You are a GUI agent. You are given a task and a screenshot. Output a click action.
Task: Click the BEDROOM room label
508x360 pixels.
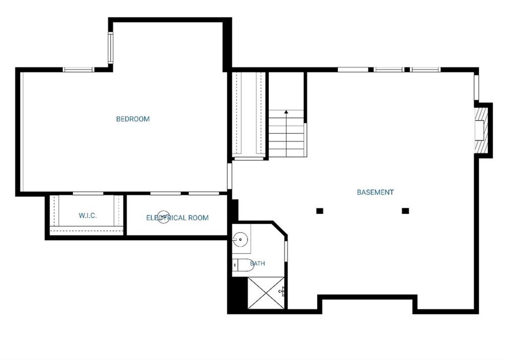(133, 119)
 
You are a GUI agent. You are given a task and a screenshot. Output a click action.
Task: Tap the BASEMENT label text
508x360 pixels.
(375, 192)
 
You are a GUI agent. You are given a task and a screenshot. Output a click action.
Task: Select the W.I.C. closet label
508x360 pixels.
(87, 216)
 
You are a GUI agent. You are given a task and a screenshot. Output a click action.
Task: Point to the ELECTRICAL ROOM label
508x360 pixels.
(177, 218)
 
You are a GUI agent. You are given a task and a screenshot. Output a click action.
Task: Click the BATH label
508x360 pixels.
(257, 263)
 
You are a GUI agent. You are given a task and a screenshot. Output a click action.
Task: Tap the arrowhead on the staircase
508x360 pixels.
(286, 112)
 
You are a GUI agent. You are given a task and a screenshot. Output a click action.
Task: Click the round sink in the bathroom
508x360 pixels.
(240, 239)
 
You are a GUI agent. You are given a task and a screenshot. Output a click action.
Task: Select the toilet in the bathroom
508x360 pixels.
(243, 265)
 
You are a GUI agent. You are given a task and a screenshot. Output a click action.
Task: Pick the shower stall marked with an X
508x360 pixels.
(266, 293)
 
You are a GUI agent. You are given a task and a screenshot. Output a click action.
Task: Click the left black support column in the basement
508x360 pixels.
(320, 211)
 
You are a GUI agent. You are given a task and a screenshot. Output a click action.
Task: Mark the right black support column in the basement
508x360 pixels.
(405, 211)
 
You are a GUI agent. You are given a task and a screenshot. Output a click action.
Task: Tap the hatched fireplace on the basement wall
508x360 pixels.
(481, 129)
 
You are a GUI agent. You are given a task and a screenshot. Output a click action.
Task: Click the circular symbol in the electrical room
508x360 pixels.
(164, 217)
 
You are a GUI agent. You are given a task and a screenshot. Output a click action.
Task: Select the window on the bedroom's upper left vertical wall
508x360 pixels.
(111, 48)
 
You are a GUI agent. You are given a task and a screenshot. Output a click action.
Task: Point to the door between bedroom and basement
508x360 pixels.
(230, 176)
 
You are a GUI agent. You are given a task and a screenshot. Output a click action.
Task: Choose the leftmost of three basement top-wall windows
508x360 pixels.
(353, 69)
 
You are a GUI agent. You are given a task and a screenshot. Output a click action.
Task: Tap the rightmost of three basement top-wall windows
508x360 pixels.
(425, 69)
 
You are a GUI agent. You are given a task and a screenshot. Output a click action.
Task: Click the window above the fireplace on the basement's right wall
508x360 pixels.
(477, 87)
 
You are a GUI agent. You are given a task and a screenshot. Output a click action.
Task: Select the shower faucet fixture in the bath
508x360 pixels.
(282, 292)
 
